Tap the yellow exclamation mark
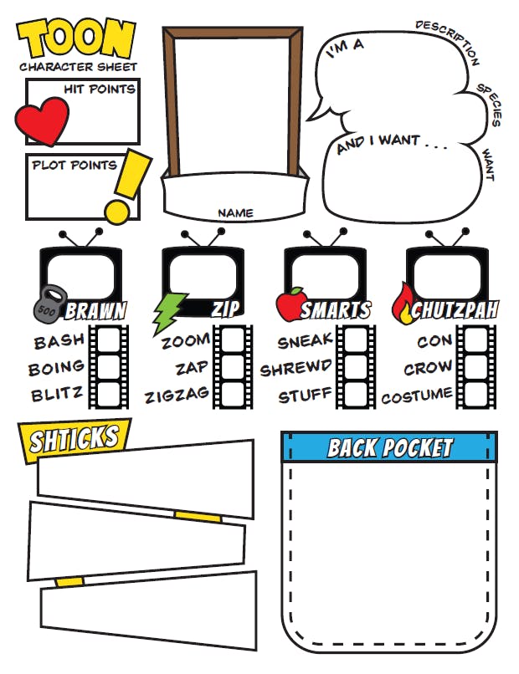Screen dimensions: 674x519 pyautogui.click(x=127, y=185)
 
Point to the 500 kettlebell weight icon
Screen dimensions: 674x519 pyautogui.click(x=48, y=306)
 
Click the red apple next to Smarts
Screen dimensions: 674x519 pyautogui.click(x=290, y=305)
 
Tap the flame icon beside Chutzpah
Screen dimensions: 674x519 pyautogui.click(x=405, y=305)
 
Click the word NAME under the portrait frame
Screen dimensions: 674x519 pyautogui.click(x=235, y=213)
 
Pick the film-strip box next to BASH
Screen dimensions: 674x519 pyautogui.click(x=107, y=341)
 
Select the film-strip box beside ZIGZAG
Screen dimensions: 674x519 pyautogui.click(x=230, y=394)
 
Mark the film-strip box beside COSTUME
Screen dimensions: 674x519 pyautogui.click(x=475, y=394)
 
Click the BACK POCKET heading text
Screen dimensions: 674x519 pyautogui.click(x=389, y=447)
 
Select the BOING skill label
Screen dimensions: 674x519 pyautogui.click(x=56, y=368)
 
